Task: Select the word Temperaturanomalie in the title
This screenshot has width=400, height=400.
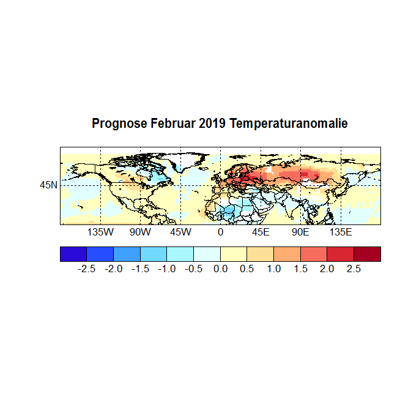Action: [289, 124]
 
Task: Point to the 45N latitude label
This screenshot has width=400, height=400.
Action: [49, 185]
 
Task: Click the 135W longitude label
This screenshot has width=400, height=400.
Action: [100, 232]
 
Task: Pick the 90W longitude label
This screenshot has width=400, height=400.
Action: [140, 232]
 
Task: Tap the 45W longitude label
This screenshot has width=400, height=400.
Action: [180, 232]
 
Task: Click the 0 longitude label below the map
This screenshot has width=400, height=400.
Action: [220, 232]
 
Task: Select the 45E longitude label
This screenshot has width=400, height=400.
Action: [261, 232]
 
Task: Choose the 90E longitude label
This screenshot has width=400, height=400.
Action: [300, 232]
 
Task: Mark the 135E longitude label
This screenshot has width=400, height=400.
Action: [341, 232]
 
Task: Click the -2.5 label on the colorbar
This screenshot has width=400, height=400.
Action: [87, 269]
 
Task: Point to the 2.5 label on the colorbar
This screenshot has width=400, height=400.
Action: [354, 269]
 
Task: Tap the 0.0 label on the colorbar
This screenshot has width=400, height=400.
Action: [221, 269]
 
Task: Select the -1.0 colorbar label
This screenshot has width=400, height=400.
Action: [167, 269]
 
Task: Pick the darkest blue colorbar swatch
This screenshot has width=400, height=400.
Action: [73, 254]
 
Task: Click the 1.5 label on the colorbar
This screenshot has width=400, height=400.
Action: [300, 269]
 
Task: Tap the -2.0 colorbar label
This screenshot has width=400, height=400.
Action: [114, 269]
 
